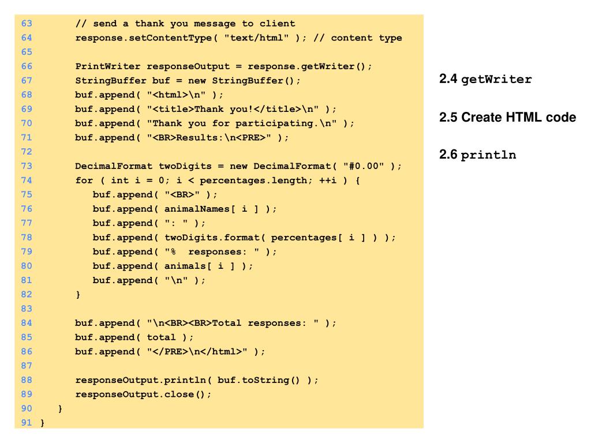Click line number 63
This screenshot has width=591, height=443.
click(x=27, y=24)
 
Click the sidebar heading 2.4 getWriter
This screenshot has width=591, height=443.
click(x=485, y=80)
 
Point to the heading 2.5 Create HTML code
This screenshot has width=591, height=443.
click(x=507, y=118)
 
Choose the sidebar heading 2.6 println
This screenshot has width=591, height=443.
click(x=477, y=155)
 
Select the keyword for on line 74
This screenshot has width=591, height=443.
click(x=84, y=181)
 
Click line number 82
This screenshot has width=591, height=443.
click(x=27, y=294)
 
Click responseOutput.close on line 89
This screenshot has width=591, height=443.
click(x=134, y=394)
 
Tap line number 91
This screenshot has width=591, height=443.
click(x=27, y=423)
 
